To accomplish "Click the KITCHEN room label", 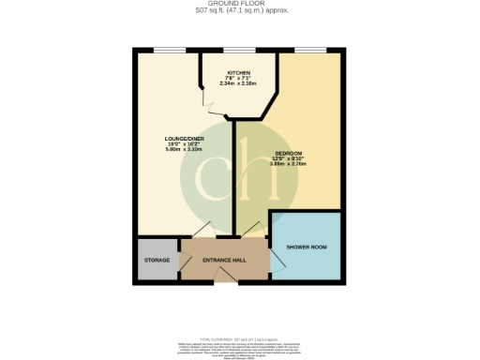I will (x=239, y=72).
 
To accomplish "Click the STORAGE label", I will (x=156, y=260).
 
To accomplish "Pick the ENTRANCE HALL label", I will (x=225, y=260).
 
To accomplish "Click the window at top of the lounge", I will (x=169, y=49).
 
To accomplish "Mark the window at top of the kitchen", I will (x=239, y=49).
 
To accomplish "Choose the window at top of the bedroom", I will (x=309, y=49).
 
